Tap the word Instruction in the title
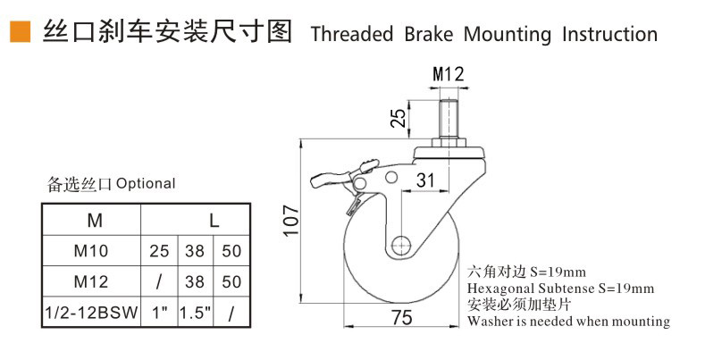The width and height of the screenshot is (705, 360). tap(609, 35)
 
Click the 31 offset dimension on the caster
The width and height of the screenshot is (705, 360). tap(425, 180)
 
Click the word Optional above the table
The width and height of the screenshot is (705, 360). tap(146, 184)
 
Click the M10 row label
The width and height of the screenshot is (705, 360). tap(93, 251)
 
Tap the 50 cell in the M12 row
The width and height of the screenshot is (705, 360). tap(231, 282)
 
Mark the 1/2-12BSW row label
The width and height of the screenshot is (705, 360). tap(93, 313)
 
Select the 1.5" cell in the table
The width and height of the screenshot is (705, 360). tap(194, 313)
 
